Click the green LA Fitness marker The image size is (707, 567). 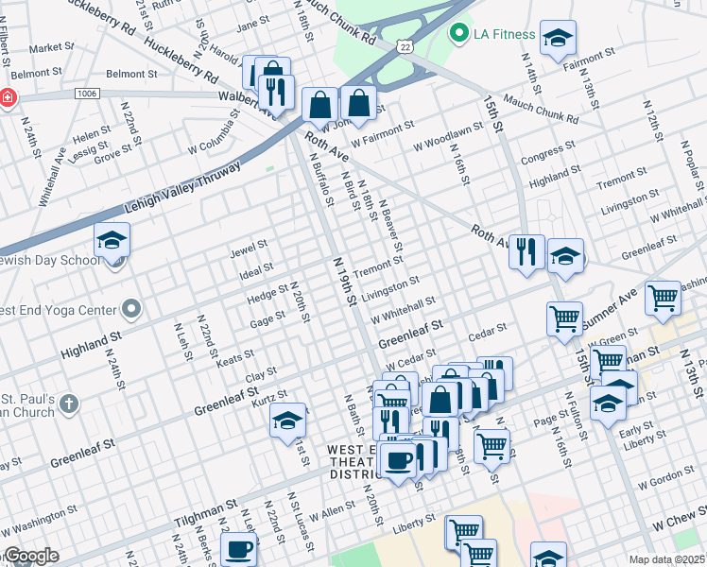pyautogui.click(x=460, y=35)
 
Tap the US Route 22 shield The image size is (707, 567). pyautogui.click(x=405, y=45)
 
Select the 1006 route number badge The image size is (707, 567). pyautogui.click(x=87, y=94)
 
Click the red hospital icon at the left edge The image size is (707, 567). pyautogui.click(x=7, y=98)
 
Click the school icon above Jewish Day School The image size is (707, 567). pyautogui.click(x=112, y=241)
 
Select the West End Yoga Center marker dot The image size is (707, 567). pyautogui.click(x=131, y=310)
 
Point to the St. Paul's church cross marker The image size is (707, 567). pyautogui.click(x=67, y=404)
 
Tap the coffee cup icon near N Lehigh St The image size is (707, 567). pyautogui.click(x=238, y=549)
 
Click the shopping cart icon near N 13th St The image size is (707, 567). pyautogui.click(x=664, y=298)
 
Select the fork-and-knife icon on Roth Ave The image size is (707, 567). pyautogui.click(x=526, y=252)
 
